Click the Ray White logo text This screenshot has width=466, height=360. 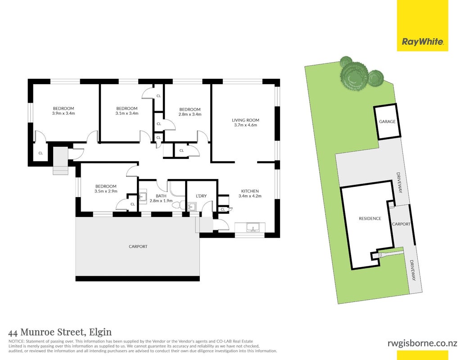[x=423, y=41]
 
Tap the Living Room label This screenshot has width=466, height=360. [x=245, y=120]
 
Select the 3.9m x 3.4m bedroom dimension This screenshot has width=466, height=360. [x=63, y=113]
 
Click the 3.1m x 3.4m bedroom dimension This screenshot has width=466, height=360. [x=127, y=113]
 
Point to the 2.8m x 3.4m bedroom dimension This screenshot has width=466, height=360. [x=190, y=114]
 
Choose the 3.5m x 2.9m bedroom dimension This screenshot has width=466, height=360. [x=106, y=191]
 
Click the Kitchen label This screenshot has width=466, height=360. [x=250, y=191]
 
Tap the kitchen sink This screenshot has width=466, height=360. [x=253, y=228]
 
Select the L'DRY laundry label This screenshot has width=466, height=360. [x=201, y=196]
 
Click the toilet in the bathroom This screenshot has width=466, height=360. [x=179, y=205]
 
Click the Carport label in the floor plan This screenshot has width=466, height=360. [x=138, y=247]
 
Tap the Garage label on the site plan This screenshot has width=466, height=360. [x=387, y=121]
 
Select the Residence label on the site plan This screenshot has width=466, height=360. [x=370, y=218]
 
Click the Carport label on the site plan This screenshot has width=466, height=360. [x=401, y=224]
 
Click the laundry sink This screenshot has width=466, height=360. [x=191, y=206]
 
